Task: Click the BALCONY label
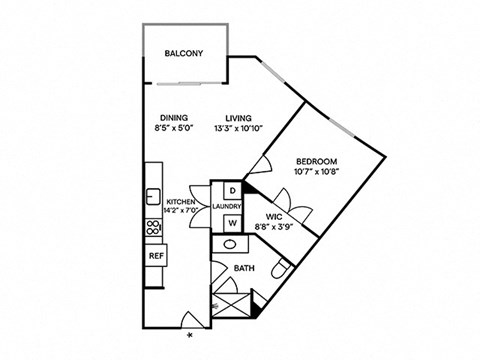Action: coord(184,70)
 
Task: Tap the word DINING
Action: coord(176,117)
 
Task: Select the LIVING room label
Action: coord(238,117)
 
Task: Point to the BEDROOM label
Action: coord(316,161)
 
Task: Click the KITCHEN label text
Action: coord(180,200)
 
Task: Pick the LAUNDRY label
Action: coord(229,206)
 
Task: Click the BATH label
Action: coord(244,268)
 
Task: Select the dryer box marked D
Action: coord(231,190)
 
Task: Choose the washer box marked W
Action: coord(231,223)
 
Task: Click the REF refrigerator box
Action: coord(156,256)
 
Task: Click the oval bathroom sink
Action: coord(230,244)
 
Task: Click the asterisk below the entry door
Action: coord(190,347)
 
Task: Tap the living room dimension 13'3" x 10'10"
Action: coord(238,128)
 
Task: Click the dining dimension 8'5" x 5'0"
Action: coord(176,128)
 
